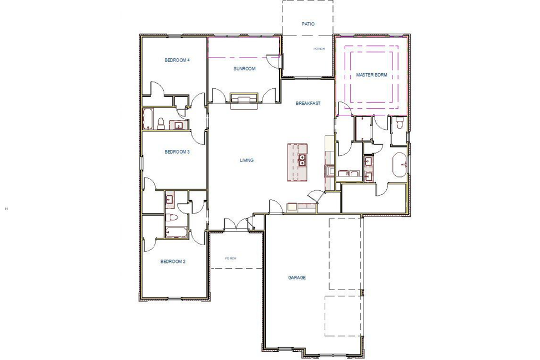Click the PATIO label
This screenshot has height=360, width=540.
coord(308,24)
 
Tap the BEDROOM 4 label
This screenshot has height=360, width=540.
coord(178,60)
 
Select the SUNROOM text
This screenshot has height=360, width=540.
coord(244,69)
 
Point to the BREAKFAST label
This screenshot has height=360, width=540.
coord(308,103)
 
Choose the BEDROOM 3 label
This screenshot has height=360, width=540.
coord(178,151)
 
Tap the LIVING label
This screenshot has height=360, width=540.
coord(246,160)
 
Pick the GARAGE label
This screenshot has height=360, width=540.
coord(296,277)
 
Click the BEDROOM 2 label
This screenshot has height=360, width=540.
coord(173,261)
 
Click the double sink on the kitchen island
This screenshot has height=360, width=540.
coord(302,160)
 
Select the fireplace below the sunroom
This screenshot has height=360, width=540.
coord(244,99)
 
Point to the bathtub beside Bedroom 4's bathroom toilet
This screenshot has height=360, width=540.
coord(149,119)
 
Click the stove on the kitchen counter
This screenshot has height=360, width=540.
coord(292,208)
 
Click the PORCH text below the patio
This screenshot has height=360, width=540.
coord(319,49)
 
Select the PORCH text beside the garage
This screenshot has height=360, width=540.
coord(231,258)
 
